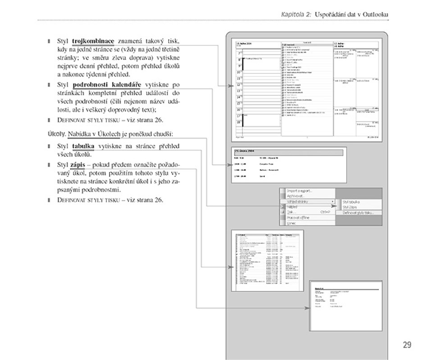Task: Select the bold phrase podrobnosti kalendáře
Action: pos(107,85)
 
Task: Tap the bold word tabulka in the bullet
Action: pos(83,146)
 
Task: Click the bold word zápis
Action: pos(78,165)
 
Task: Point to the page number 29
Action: pos(407,345)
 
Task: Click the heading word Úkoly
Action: pos(57,134)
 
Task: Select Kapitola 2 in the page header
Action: pos(296,14)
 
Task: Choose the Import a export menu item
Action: pos(300,191)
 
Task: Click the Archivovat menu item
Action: pos(296,196)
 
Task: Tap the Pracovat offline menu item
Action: pos(299,218)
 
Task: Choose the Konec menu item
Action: pos(292,223)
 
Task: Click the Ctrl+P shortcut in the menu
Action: pos(325,212)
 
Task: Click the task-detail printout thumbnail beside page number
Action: pos(345,306)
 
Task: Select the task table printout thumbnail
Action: pos(268,260)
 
